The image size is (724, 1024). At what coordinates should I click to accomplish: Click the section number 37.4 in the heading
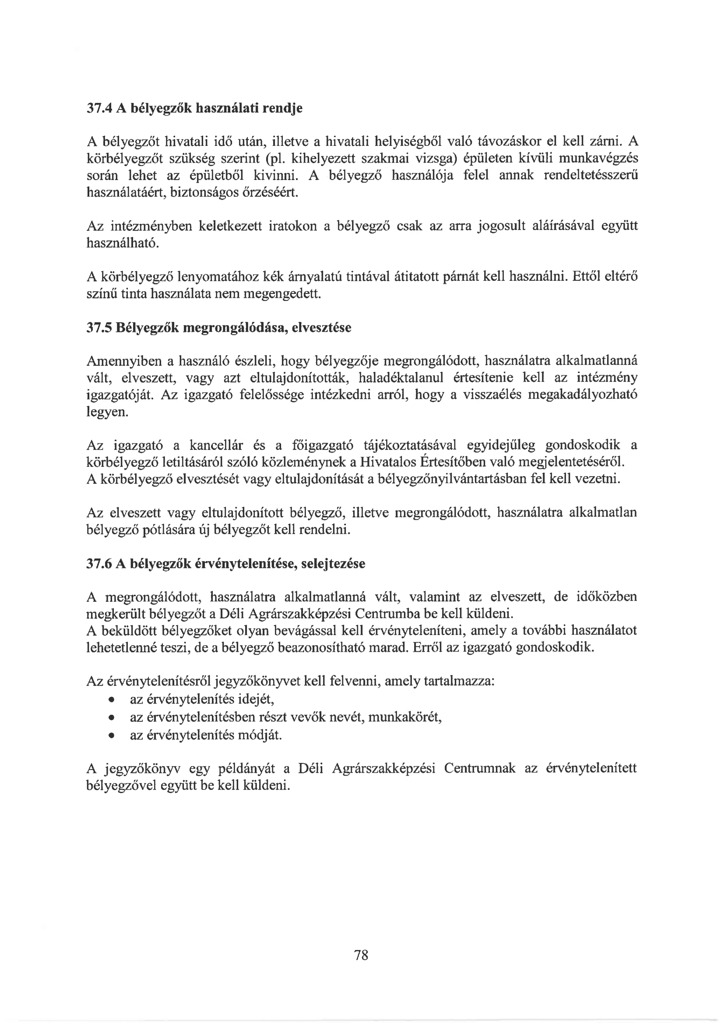[x=98, y=108]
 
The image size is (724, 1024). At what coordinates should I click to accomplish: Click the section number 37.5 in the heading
[x=98, y=328]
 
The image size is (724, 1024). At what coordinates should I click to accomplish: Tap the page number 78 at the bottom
[x=361, y=955]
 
